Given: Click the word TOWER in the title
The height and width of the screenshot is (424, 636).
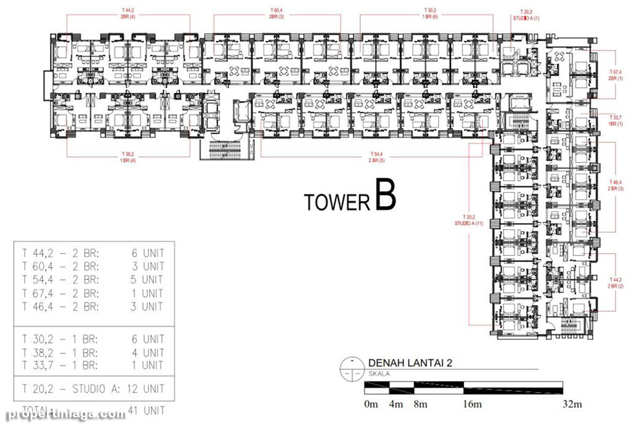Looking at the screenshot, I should tap(337, 202).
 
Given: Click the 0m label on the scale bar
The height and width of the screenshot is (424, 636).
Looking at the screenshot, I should tap(371, 404).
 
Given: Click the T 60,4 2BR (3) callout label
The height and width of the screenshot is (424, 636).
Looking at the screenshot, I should tap(277, 13).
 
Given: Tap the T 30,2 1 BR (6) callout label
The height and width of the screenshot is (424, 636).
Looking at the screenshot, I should tap(430, 13).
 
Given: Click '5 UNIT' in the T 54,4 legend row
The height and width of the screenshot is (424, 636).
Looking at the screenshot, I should tap(147, 279).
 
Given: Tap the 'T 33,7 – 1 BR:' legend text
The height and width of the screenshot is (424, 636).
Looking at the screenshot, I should tap(59, 366).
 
